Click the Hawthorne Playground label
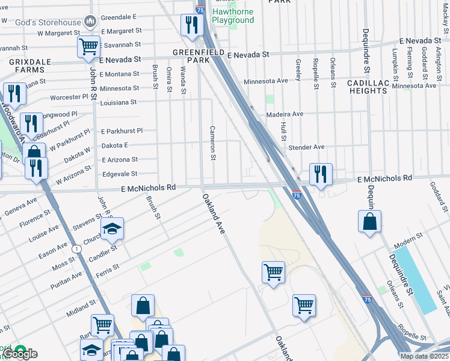click(232, 16)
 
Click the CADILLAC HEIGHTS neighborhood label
click(367, 86)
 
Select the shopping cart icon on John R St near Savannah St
click(89, 46)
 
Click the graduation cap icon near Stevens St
click(112, 229)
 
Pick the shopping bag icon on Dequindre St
click(369, 221)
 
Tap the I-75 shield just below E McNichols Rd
click(297, 195)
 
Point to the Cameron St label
click(212, 143)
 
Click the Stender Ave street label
click(306, 147)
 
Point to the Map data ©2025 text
click(424, 356)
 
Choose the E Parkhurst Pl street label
click(122, 131)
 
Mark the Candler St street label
click(103, 253)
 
